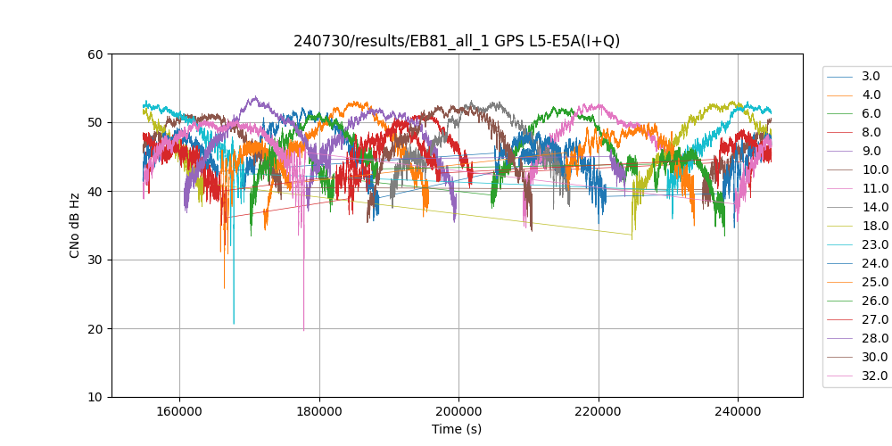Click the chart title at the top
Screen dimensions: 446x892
point(457,41)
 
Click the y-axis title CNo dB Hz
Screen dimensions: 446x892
point(75,226)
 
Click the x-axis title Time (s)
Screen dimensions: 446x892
point(457,429)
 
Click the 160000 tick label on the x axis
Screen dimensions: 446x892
point(179,411)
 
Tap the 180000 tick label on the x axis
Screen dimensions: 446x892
point(319,411)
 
